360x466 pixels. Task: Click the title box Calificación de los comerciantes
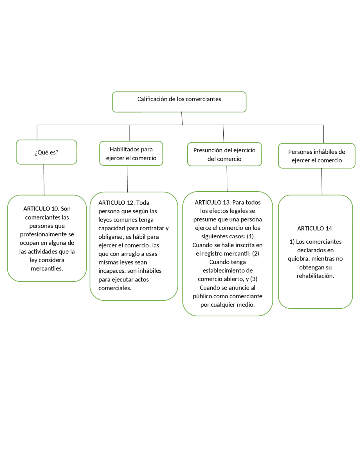[179, 102]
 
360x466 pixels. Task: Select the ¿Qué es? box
[46, 152]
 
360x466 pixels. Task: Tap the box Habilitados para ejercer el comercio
[131, 153]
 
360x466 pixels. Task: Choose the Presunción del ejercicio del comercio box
[224, 154]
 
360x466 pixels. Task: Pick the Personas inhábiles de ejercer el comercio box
[316, 156]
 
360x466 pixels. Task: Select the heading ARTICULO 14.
[315, 228]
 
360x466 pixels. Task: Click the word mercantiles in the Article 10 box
[47, 268]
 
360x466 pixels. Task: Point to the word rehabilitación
[315, 276]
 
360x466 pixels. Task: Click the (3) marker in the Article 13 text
[254, 279]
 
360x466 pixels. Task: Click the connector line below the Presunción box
[227, 179]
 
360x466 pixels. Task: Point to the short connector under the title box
[182, 118]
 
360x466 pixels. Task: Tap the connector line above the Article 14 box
[322, 182]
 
